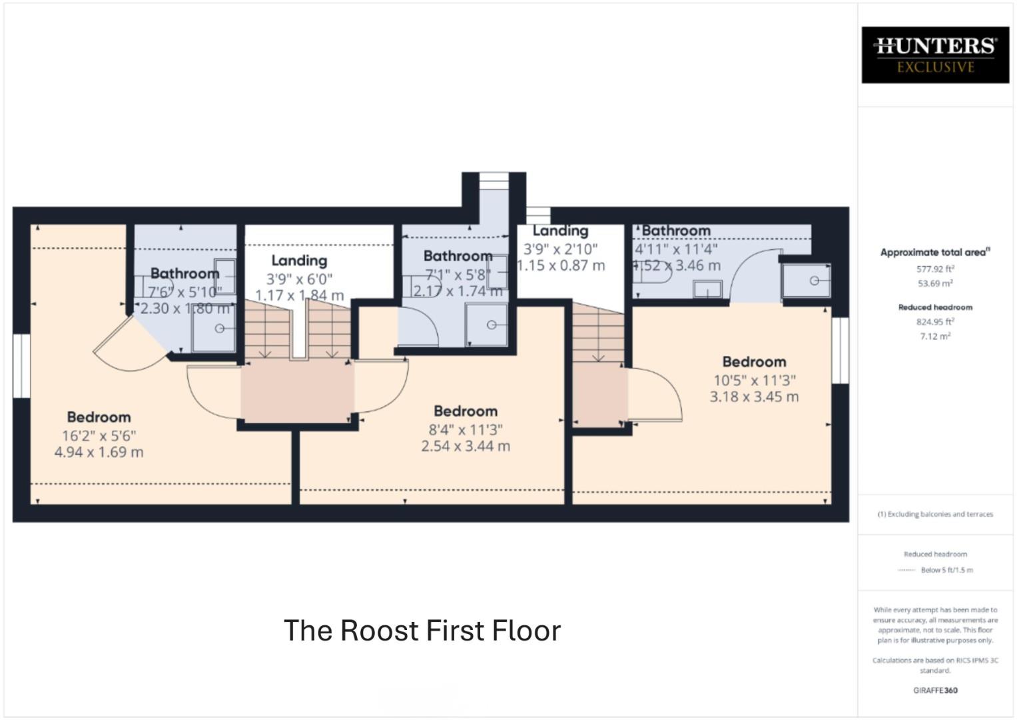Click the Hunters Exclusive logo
coord(935,55)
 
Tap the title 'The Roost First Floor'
coord(422,631)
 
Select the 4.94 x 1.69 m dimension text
coord(99,452)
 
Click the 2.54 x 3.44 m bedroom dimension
coord(466,446)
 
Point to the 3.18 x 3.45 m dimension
coord(754,397)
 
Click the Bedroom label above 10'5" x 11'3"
coord(754,362)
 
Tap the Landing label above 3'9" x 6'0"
coord(299,261)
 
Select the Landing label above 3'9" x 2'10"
coord(560,231)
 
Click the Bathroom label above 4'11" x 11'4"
coord(675,231)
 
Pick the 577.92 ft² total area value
coord(935,269)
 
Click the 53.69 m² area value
coord(935,283)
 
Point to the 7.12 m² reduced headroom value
coord(935,336)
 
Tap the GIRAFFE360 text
coord(935,691)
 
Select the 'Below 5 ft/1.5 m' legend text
coord(946,570)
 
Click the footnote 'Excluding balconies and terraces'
coord(935,514)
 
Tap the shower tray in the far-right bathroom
coord(807,281)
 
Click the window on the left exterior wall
coord(21,366)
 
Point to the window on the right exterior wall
coord(841,350)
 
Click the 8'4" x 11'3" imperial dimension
coord(466,430)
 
